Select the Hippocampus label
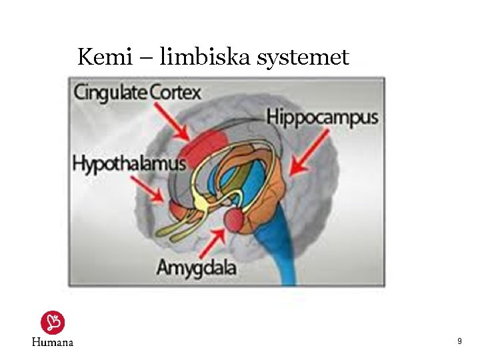point(322,117)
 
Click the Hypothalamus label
point(129,163)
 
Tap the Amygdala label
point(196,268)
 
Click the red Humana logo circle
point(53,323)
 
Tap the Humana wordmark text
point(53,342)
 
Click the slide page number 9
point(459,341)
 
